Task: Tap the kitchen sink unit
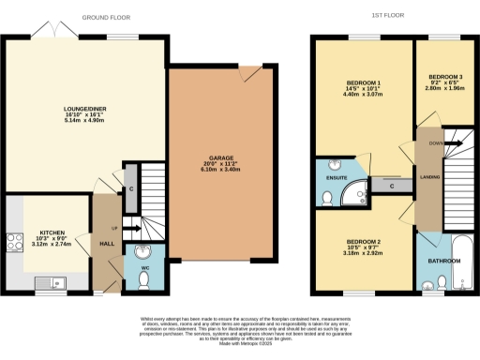[x=47, y=280]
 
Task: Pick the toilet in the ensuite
[x=326, y=197]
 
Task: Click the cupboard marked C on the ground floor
[x=131, y=188]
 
